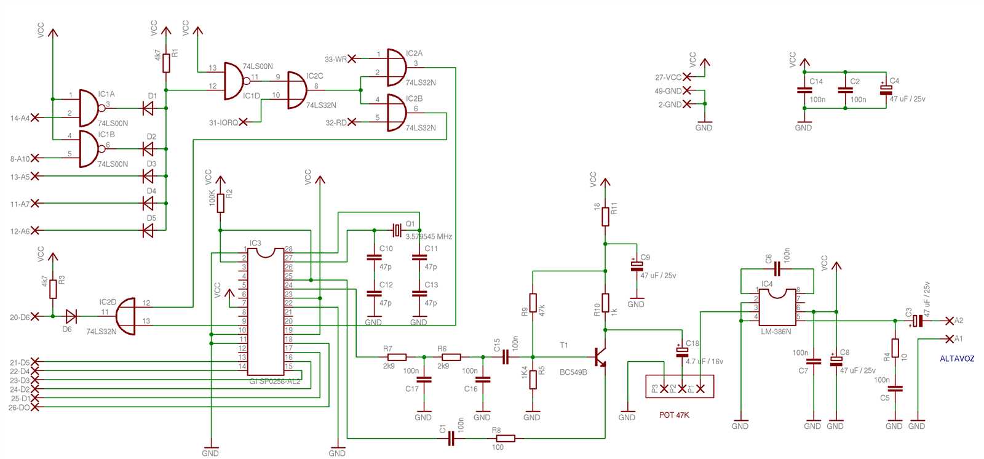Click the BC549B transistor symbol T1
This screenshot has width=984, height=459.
pyautogui.click(x=600, y=357)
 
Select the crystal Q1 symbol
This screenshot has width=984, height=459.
pyautogui.click(x=397, y=231)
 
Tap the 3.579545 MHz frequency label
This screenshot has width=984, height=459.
pyautogui.click(x=429, y=237)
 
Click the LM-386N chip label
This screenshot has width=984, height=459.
pyautogui.click(x=776, y=332)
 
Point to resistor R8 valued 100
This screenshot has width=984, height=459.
pyautogui.click(x=505, y=438)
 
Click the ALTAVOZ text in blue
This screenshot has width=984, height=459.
pyautogui.click(x=956, y=359)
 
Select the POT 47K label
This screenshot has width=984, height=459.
pyautogui.click(x=674, y=415)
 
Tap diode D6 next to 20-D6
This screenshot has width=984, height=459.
pyautogui.click(x=71, y=317)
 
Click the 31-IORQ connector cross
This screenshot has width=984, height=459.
pyautogui.click(x=244, y=122)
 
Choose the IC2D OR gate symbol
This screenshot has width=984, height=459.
pyautogui.click(x=126, y=316)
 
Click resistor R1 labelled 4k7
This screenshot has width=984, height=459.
pyautogui.click(x=167, y=62)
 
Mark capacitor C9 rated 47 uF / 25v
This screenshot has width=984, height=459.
pyautogui.click(x=637, y=266)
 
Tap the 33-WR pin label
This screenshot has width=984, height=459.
pyautogui.click(x=335, y=59)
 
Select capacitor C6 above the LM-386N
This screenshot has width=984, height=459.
pyautogui.click(x=777, y=269)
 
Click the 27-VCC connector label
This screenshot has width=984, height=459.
pyautogui.click(x=668, y=78)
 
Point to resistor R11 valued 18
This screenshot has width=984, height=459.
pyautogui.click(x=605, y=216)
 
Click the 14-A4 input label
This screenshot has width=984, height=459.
pyautogui.click(x=20, y=118)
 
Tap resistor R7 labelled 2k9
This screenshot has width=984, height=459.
pyautogui.click(x=397, y=357)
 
